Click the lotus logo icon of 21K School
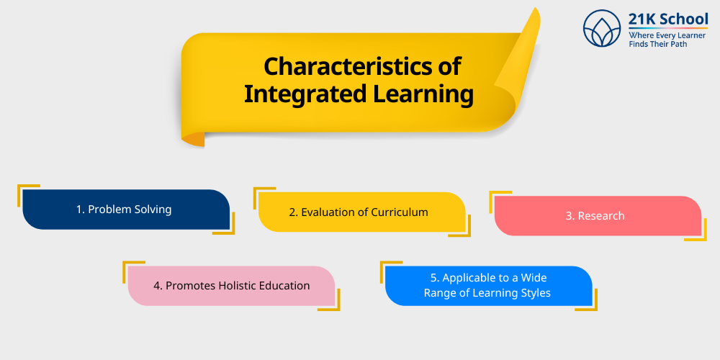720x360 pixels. point(602,28)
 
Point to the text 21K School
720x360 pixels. point(668,19)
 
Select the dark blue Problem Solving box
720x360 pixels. point(125,210)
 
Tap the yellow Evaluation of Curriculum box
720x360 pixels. point(361,212)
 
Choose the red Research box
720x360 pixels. point(598,216)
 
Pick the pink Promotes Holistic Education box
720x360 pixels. point(231,286)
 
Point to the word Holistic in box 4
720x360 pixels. point(243,286)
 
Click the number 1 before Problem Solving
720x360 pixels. point(79,210)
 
